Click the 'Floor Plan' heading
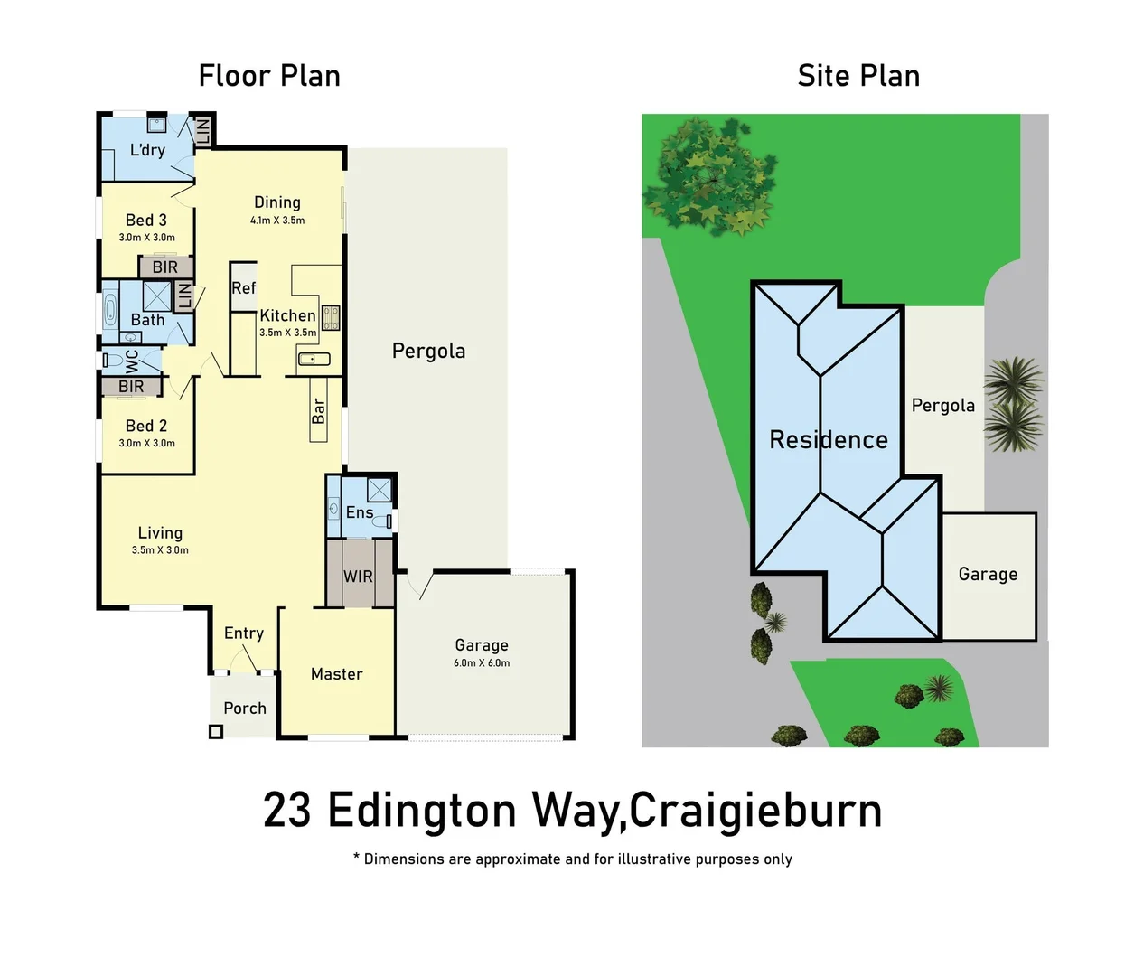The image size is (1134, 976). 269,76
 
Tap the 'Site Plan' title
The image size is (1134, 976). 858,76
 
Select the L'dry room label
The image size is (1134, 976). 147,150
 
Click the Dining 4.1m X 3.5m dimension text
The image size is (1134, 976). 277,221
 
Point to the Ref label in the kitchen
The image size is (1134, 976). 243,288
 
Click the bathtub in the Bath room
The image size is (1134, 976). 110,311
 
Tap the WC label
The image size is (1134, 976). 132,361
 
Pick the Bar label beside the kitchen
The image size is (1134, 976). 318,411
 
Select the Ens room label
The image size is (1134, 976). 359,512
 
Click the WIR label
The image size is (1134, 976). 358,577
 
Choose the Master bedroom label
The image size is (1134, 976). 336,674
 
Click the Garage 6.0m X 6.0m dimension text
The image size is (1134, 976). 482,663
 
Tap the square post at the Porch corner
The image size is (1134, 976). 216,732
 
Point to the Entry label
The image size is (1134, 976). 244,633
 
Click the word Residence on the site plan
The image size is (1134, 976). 829,440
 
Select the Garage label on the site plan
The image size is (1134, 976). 988,575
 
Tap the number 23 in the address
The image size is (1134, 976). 286,811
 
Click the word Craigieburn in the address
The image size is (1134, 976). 755,811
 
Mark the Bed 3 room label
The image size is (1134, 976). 146,221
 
